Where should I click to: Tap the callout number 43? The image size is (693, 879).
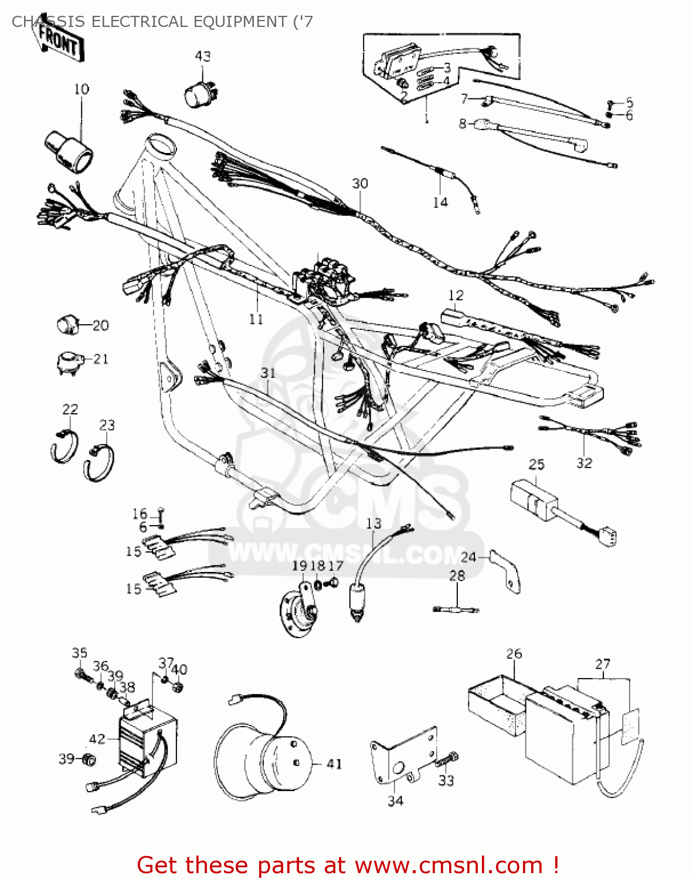[x=202, y=56]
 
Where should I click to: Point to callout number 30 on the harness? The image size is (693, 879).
[x=360, y=183]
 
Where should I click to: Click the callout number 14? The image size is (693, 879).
[x=440, y=202]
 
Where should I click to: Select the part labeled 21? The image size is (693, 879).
[x=68, y=361]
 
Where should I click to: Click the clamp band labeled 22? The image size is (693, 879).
[x=63, y=445]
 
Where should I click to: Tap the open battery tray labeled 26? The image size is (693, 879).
[x=495, y=706]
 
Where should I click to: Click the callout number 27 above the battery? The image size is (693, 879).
[x=603, y=665]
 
